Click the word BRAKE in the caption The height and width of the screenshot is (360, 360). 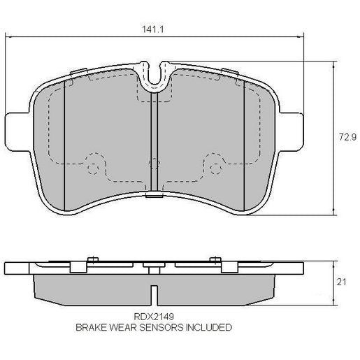[x=90, y=326]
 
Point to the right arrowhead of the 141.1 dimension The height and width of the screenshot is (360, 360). [x=302, y=37]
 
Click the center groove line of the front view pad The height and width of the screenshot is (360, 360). [x=153, y=147]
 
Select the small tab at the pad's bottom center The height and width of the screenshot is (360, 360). [x=153, y=199]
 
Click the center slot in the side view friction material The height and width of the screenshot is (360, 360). [x=153, y=288]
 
